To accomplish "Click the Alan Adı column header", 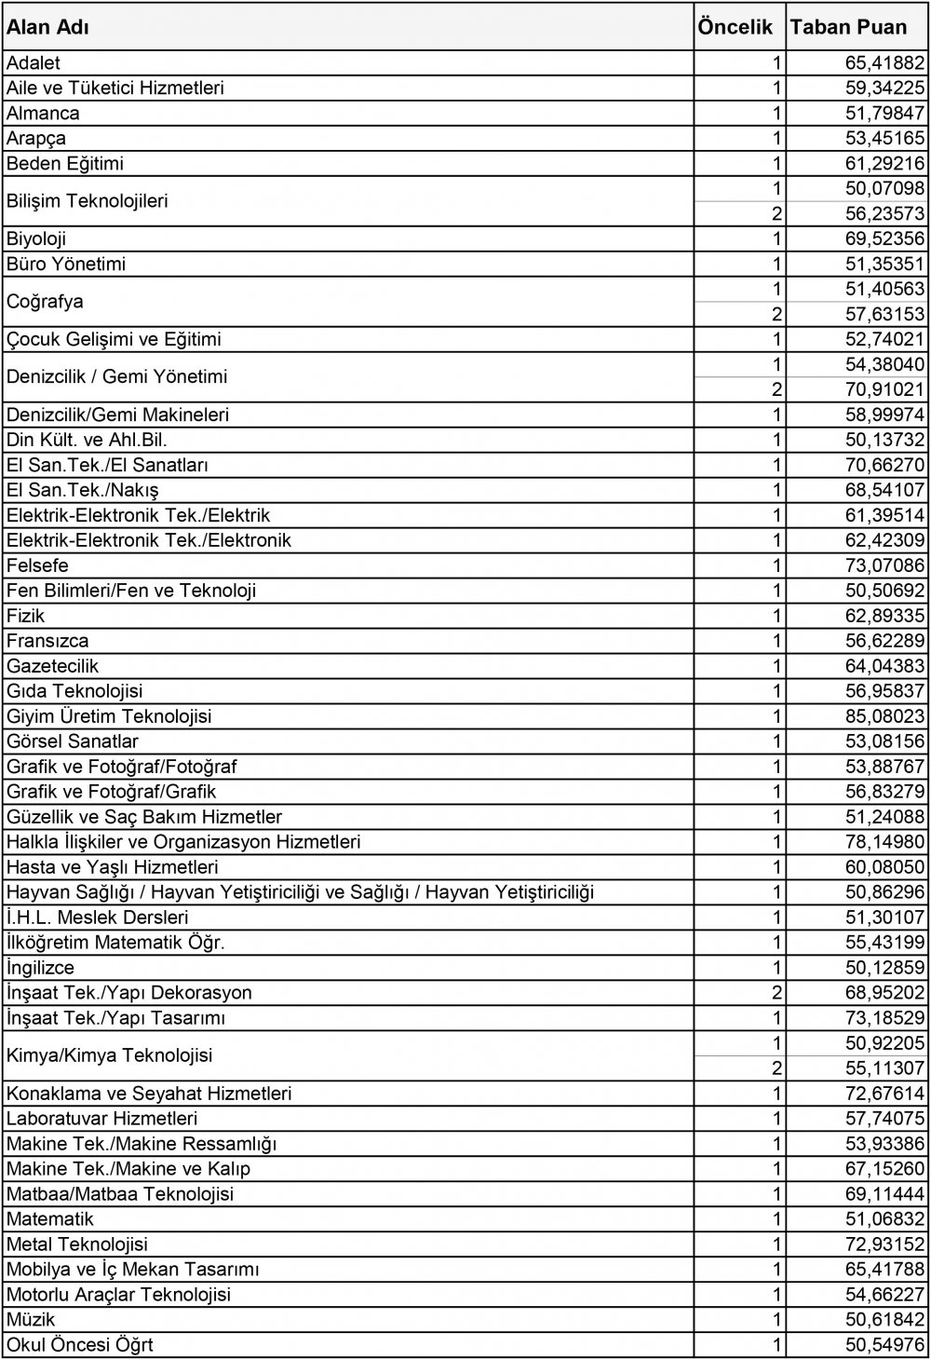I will [x=48, y=27].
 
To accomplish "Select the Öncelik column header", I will [x=735, y=27].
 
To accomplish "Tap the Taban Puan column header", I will [x=848, y=27].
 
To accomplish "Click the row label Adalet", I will [x=34, y=63].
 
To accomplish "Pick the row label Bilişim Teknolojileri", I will [x=88, y=201].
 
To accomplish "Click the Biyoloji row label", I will [x=36, y=239].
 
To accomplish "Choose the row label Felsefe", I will [x=37, y=566].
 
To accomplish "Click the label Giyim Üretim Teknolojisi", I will [x=109, y=717].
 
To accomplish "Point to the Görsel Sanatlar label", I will [x=73, y=742].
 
